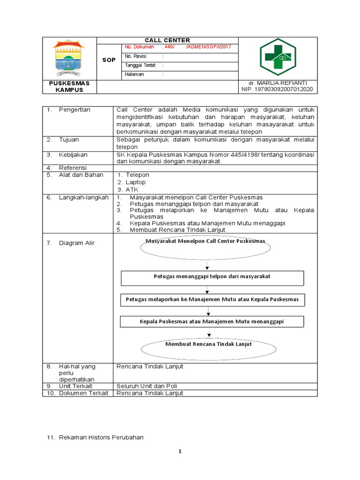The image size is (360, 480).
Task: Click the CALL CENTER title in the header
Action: [x=167, y=40]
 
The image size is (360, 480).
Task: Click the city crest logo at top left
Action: [x=69, y=58]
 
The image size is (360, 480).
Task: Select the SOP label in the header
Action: [x=109, y=60]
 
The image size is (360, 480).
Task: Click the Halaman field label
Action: [x=135, y=75]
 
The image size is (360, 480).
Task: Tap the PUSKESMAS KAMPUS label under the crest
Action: [x=69, y=86]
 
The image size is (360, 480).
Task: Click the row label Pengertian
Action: [x=75, y=110]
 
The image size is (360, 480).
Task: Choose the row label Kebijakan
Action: [x=73, y=155]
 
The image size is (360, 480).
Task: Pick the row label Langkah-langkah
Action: [x=83, y=198]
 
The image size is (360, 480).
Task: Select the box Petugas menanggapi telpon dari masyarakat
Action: [x=212, y=277]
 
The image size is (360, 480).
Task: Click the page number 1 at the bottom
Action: [x=180, y=451]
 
